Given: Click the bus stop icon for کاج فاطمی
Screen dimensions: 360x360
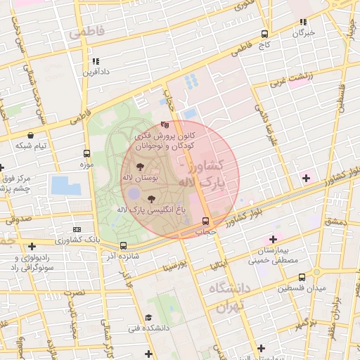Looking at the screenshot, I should click(264, 33).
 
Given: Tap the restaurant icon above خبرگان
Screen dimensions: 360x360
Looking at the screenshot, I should click(303, 22).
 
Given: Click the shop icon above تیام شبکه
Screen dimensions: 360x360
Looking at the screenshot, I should click(31, 134).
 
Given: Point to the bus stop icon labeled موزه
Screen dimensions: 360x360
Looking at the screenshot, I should click(86, 153).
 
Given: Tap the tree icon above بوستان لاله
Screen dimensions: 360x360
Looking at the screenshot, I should click(140, 167).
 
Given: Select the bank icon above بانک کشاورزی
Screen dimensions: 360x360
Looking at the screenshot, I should click(77, 229).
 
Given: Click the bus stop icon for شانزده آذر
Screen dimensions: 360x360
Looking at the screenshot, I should click(124, 245).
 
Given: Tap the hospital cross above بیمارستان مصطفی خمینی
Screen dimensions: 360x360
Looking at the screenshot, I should click(274, 240).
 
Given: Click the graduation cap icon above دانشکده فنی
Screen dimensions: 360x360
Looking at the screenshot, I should click(148, 317).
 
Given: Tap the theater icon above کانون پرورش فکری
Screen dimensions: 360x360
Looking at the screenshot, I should click(165, 124).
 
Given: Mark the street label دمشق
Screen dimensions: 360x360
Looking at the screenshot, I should click(335, 222).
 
